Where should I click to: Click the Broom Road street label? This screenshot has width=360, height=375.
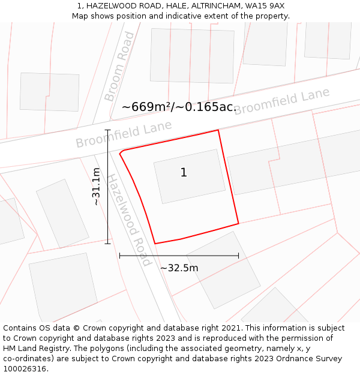[119, 67]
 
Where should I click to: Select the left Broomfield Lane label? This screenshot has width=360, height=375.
[124, 134]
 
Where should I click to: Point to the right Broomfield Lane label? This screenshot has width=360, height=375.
[281, 101]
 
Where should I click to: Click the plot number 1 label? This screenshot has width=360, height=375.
[184, 173]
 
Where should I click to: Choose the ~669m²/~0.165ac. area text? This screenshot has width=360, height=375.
[179, 107]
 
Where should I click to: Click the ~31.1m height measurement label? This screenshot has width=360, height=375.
[96, 187]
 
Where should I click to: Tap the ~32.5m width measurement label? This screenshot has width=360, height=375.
[179, 268]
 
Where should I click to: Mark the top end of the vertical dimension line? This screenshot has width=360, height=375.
[108, 130]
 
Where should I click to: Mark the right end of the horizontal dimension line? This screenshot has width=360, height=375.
[238, 256]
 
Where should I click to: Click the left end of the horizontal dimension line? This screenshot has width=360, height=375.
[120, 256]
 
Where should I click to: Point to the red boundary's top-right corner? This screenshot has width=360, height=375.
[218, 130]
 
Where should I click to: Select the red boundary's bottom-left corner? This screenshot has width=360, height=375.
[155, 244]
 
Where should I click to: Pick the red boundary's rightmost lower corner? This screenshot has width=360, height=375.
[238, 224]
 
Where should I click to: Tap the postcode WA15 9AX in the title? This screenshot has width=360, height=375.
[265, 6]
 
